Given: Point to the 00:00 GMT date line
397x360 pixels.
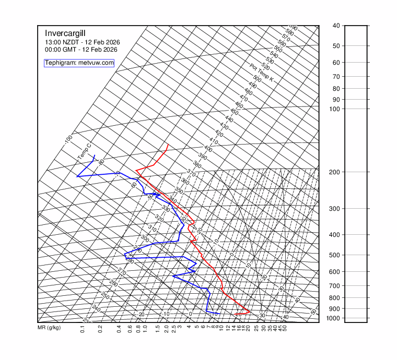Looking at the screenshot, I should pyautogui.click(x=81, y=50).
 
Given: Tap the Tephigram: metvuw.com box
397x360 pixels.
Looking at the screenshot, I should pyautogui.click(x=79, y=63).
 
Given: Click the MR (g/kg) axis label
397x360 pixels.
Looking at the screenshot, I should pyautogui.click(x=49, y=328).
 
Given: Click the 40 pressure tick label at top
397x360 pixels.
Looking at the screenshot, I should pyautogui.click(x=336, y=26).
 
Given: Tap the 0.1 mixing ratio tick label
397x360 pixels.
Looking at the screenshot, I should pyautogui.click(x=83, y=329).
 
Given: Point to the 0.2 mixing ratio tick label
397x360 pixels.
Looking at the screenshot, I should pyautogui.click(x=100, y=329).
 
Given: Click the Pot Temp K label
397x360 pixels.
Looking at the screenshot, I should pyautogui.click(x=262, y=73).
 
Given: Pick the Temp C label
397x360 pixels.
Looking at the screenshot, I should pyautogui.click(x=84, y=152).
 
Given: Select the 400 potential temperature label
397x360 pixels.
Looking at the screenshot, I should pyautogui.click(x=208, y=149).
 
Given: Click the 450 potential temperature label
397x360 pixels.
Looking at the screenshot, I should pyautogui.click(x=234, y=112).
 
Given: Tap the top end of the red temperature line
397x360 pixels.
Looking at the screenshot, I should pyautogui.click(x=168, y=143).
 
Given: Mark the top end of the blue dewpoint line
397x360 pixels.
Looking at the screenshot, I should pyautogui.click(x=94, y=155).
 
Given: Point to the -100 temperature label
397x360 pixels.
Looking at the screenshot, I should pyautogui.click(x=68, y=140).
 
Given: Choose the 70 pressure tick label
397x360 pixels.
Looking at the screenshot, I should pyautogui.click(x=336, y=77).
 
